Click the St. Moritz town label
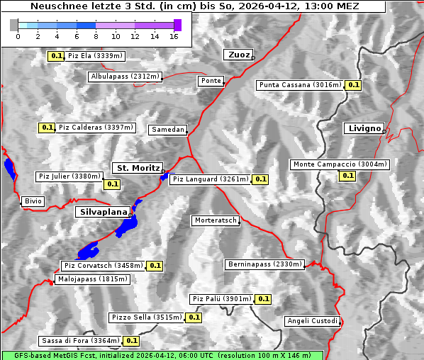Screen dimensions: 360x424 [x=138, y=168]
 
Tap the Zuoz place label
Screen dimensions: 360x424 [x=238, y=55]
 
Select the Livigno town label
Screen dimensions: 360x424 [x=363, y=128]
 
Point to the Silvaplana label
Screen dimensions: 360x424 [x=103, y=212]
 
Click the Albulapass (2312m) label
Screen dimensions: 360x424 [x=125, y=77]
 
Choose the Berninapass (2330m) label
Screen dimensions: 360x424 [x=264, y=264]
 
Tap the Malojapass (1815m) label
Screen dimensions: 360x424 [x=92, y=279]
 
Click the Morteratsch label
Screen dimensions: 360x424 [x=215, y=220]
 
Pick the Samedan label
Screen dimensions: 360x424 [x=167, y=130]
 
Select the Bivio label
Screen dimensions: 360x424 [x=33, y=201]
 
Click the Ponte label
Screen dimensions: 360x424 [x=211, y=81]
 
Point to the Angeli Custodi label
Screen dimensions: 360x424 [x=312, y=321]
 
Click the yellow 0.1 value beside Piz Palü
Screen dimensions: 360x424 [x=263, y=299]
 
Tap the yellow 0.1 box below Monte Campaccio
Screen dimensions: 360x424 [x=347, y=176]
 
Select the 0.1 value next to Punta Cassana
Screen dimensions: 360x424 [x=354, y=85]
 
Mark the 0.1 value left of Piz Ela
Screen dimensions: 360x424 [x=56, y=56]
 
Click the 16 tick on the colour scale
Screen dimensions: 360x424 [x=174, y=36]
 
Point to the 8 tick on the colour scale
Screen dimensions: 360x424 [x=96, y=36]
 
